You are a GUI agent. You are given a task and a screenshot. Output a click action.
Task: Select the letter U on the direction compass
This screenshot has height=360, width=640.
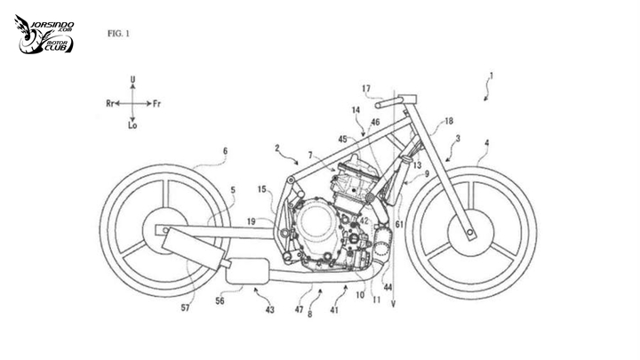(132, 81)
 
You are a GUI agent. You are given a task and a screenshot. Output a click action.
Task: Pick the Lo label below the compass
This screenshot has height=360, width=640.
(132, 127)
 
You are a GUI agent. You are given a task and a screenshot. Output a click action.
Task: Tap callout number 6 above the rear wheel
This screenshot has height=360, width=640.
(225, 151)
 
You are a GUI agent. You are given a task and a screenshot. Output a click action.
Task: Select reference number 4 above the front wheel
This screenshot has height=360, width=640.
(485, 141)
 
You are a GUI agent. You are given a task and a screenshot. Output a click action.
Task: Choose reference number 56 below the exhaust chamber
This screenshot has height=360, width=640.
(220, 300)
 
